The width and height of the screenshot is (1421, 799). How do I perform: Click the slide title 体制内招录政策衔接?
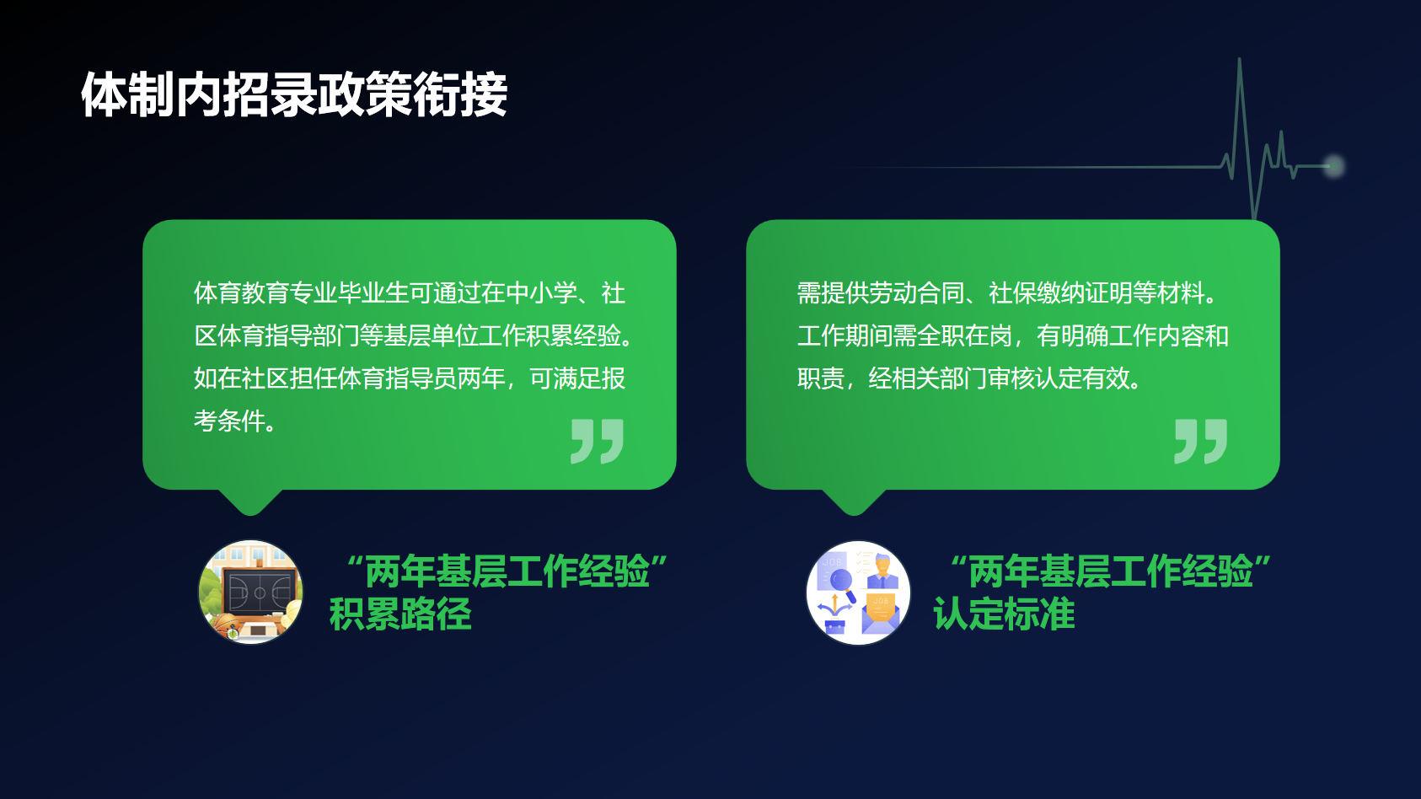point(294,94)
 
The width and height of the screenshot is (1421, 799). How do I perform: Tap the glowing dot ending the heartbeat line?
point(1334,166)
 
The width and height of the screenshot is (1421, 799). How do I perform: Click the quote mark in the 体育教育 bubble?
point(597,442)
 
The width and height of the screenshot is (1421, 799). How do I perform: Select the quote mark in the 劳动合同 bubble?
point(1201,442)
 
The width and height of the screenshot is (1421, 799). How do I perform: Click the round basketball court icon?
point(250,593)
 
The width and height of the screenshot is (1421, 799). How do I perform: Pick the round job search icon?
point(858,593)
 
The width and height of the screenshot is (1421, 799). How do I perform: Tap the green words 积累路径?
point(400,614)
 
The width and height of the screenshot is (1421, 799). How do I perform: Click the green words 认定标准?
point(1004,614)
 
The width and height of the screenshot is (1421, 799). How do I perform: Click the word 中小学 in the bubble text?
point(541,293)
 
